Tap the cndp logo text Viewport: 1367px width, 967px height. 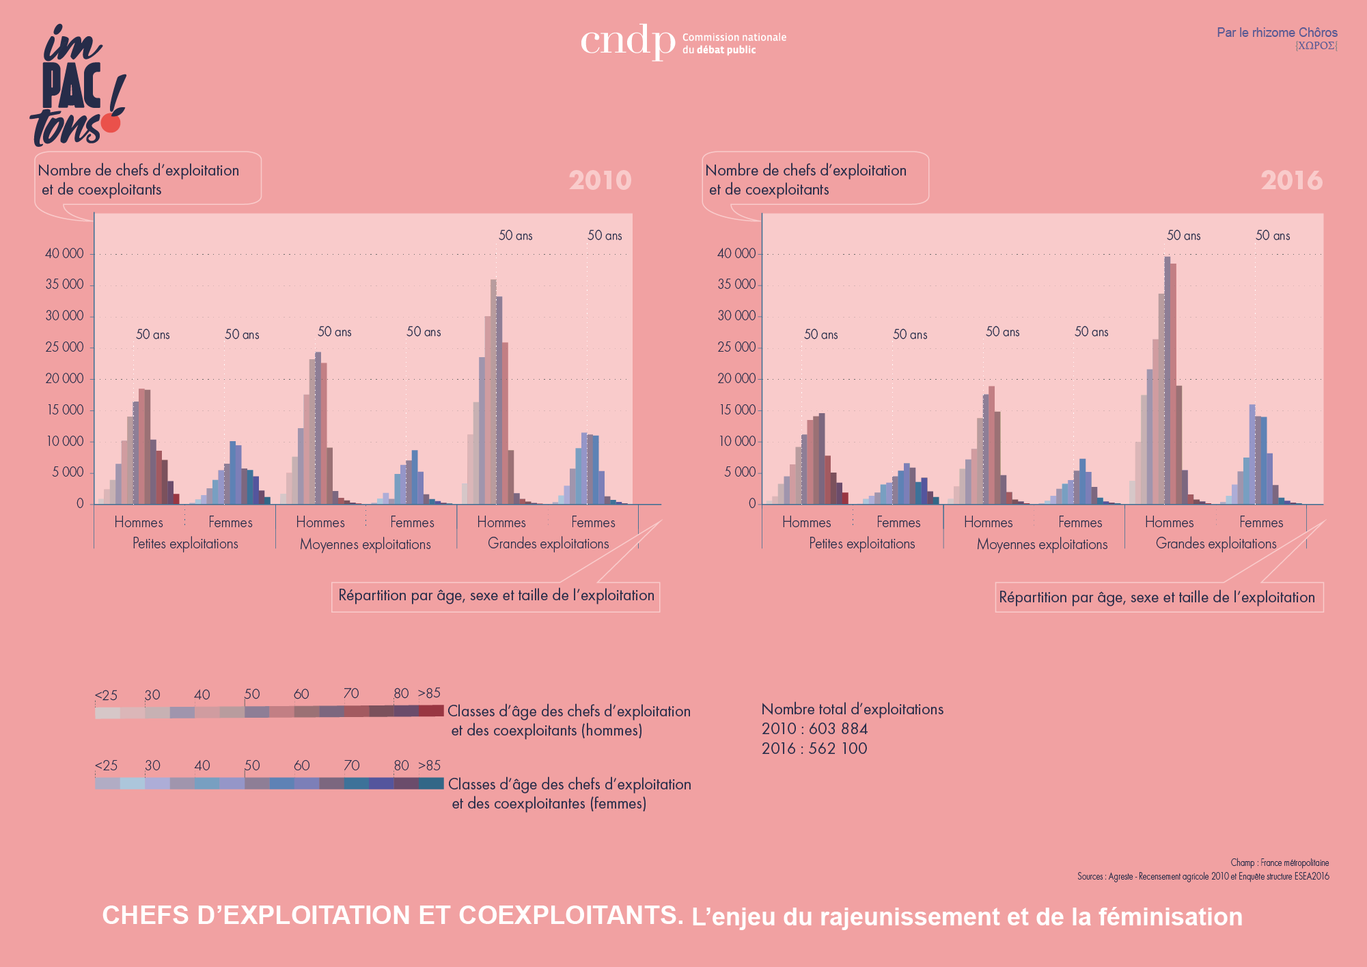click(x=627, y=41)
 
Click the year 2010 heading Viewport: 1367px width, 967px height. click(x=600, y=180)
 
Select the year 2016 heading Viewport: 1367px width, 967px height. click(x=1291, y=180)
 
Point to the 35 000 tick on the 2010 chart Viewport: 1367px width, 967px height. click(x=64, y=285)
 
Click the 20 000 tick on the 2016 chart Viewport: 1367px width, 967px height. click(x=736, y=379)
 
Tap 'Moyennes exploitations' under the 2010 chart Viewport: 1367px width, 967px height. click(x=365, y=544)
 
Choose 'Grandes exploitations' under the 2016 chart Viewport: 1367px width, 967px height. click(x=1216, y=544)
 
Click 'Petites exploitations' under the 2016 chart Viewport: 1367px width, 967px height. click(x=861, y=544)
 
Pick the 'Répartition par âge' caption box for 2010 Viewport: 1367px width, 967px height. click(x=496, y=596)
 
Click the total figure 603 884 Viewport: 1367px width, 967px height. click(x=838, y=729)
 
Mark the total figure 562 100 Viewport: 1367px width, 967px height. click(x=838, y=748)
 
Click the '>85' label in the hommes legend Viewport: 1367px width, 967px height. click(x=429, y=693)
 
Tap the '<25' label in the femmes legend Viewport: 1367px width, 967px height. click(x=106, y=766)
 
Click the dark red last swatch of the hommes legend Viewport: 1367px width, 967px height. click(x=431, y=711)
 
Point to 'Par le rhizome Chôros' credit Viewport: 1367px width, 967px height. click(x=1277, y=33)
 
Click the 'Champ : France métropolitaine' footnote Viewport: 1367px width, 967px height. click(x=1280, y=863)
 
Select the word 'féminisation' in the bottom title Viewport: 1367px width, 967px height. click(x=1170, y=917)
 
